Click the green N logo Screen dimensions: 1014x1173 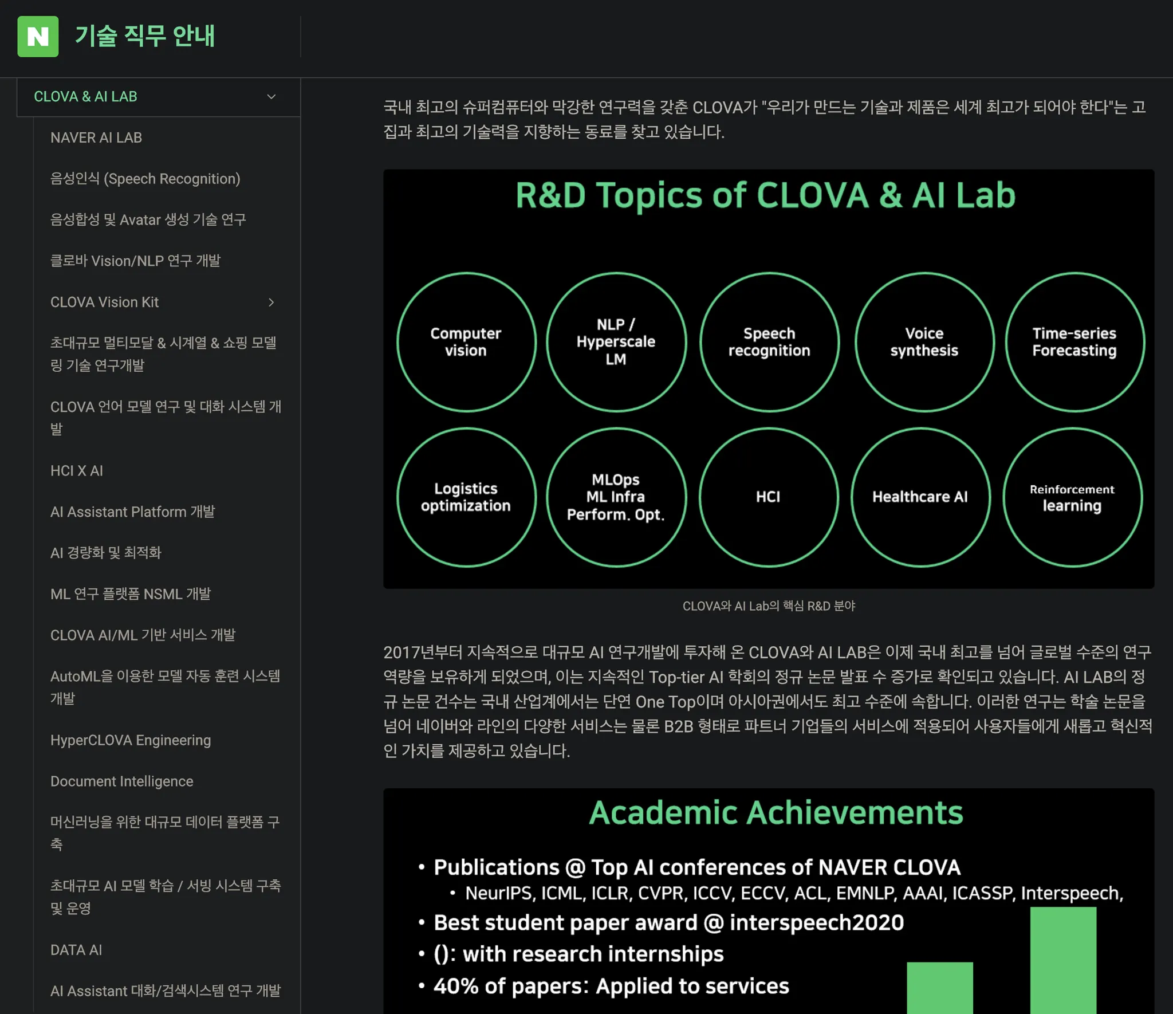click(x=38, y=37)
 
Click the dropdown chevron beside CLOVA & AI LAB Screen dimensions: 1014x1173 click(x=271, y=97)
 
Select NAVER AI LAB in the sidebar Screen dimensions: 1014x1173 click(x=96, y=137)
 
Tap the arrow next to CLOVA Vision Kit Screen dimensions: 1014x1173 click(x=271, y=302)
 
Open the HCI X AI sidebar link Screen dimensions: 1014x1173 click(x=77, y=470)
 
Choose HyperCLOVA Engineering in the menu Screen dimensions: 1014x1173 click(x=131, y=740)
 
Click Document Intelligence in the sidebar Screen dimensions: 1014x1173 click(x=122, y=781)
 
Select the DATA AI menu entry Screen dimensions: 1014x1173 click(x=76, y=950)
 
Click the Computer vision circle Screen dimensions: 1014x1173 click(x=466, y=342)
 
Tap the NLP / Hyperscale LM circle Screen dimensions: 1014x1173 click(x=616, y=342)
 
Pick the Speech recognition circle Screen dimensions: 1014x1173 click(x=769, y=342)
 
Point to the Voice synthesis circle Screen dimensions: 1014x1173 click(x=924, y=342)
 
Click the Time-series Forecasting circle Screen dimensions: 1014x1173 click(x=1074, y=342)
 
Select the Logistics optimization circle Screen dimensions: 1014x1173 click(x=466, y=497)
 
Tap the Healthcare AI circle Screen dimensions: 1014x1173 click(x=920, y=497)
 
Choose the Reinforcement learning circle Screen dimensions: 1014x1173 click(x=1072, y=497)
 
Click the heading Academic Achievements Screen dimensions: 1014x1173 click(x=776, y=812)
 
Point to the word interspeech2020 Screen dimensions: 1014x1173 click(x=817, y=923)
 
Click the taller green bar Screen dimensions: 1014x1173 click(x=1063, y=960)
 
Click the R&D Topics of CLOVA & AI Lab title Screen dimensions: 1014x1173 click(x=765, y=195)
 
